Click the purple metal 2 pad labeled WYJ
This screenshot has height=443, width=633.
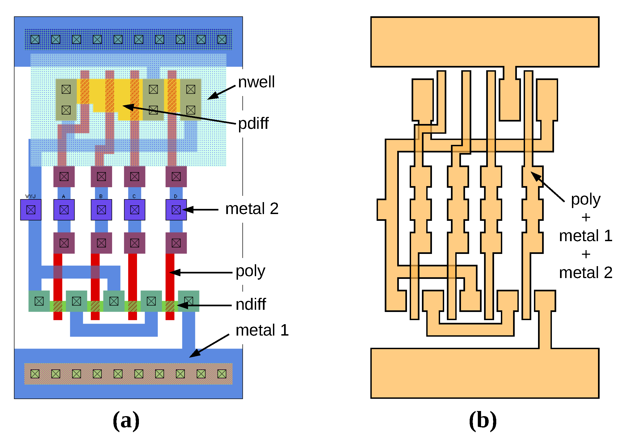point(31,210)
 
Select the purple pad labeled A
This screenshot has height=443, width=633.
point(64,210)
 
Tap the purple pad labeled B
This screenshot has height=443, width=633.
point(101,210)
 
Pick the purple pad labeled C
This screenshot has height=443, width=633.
point(135,210)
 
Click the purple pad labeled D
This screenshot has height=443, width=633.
point(176,210)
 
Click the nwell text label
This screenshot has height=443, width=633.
point(256,82)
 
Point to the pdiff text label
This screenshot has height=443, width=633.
point(253,123)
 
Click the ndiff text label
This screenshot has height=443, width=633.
point(251,304)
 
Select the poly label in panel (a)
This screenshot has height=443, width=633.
point(250,271)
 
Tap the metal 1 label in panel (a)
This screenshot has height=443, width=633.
point(262,330)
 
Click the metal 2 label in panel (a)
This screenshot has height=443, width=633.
point(252,209)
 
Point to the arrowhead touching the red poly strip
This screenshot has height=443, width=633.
point(173,273)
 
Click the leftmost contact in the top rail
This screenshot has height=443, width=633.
point(35,39)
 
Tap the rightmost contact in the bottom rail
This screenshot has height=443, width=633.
point(222,374)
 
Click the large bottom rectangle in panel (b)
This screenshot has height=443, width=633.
point(485,373)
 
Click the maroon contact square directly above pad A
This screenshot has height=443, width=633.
point(64,176)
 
